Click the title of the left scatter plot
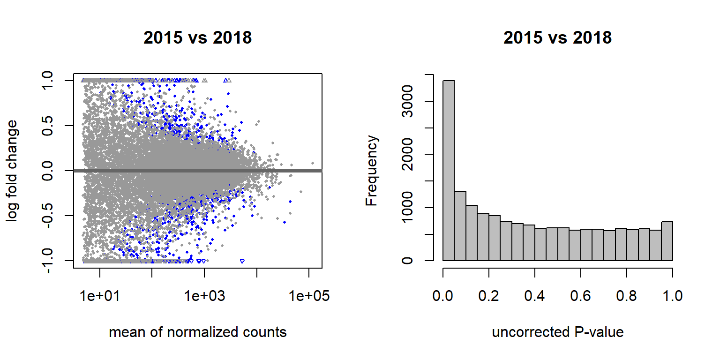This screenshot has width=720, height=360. click(x=197, y=38)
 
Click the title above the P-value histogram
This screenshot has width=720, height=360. click(x=557, y=38)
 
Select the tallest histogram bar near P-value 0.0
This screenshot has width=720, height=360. click(x=449, y=170)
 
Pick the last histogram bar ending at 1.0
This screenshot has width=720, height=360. click(x=667, y=241)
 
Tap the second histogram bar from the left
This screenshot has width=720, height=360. click(x=460, y=226)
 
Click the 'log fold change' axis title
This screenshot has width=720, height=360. click(x=12, y=171)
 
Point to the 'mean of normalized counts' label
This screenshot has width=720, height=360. click(x=198, y=332)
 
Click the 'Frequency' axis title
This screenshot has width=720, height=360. click(x=371, y=171)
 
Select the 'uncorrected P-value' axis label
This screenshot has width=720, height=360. click(x=558, y=332)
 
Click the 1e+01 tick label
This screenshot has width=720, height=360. click(x=100, y=296)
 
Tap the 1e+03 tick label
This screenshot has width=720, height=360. click(x=204, y=296)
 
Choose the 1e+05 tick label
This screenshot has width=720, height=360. click(x=309, y=296)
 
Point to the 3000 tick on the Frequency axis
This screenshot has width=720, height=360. click(x=407, y=101)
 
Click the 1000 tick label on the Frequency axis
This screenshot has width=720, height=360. click(x=407, y=208)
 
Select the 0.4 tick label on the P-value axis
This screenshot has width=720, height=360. click(x=534, y=296)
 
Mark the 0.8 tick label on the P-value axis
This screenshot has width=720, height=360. click(x=626, y=296)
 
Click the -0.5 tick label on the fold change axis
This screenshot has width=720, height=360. click(x=47, y=216)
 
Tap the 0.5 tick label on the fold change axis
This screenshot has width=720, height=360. click(x=47, y=126)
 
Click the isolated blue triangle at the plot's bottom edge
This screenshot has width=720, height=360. click(x=242, y=261)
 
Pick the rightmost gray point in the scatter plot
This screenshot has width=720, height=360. click(x=313, y=163)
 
